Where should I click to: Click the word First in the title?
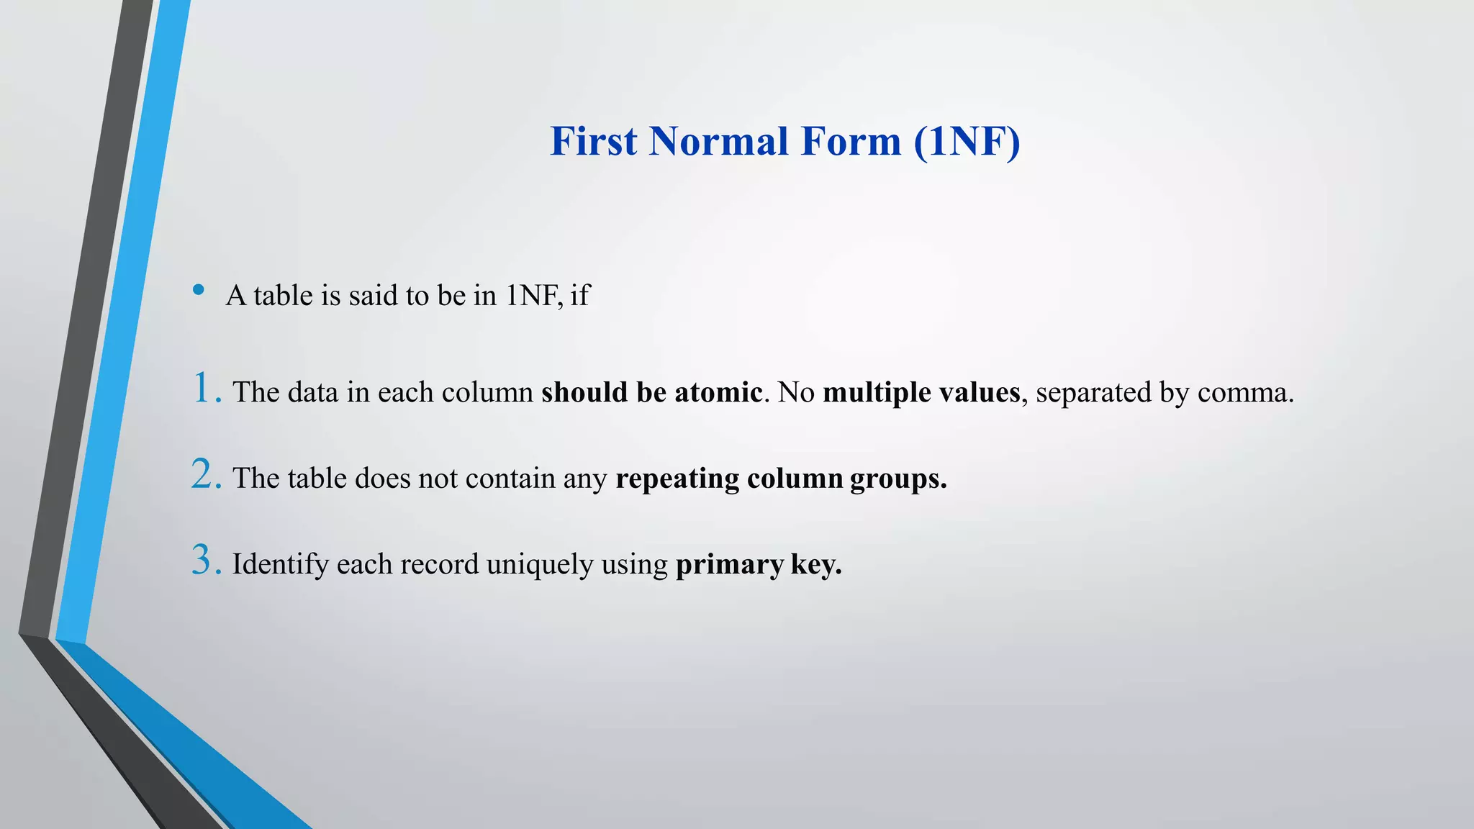pyautogui.click(x=594, y=141)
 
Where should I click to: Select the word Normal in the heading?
pyautogui.click(x=719, y=141)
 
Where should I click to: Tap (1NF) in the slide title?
pyautogui.click(x=967, y=141)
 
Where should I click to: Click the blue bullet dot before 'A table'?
pyautogui.click(x=199, y=290)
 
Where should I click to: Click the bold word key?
pyautogui.click(x=815, y=565)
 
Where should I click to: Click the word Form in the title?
pyautogui.click(x=850, y=141)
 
